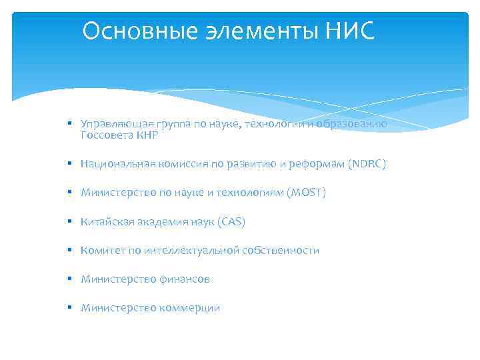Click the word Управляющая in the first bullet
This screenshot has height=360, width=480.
tap(109, 124)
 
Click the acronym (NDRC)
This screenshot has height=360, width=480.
tap(367, 163)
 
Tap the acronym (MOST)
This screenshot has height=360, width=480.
tap(306, 193)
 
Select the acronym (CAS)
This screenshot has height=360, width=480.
tap(231, 221)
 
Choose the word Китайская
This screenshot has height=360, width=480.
tap(105, 221)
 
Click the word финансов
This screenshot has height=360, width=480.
tap(184, 279)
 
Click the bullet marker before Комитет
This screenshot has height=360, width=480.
tap(69, 251)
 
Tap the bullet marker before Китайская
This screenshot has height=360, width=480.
tap(69, 221)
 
